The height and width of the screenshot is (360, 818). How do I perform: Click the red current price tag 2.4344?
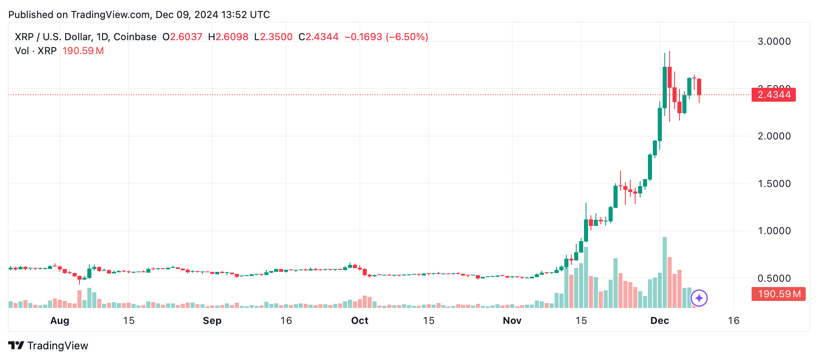click(773, 95)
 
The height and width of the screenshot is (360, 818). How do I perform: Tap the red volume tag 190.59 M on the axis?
click(778, 294)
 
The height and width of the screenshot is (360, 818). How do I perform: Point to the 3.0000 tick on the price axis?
click(774, 41)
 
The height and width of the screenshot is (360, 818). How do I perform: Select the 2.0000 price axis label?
click(774, 136)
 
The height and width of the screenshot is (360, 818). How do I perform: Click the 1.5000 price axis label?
click(774, 184)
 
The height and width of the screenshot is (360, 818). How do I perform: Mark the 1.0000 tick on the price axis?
click(774, 231)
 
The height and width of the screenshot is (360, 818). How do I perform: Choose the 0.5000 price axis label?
click(774, 278)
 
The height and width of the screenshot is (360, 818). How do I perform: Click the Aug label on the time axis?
click(59, 321)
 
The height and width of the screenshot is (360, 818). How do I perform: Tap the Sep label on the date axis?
click(212, 321)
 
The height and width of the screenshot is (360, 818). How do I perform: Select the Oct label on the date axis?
click(359, 321)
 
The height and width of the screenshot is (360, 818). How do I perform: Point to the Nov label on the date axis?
click(512, 321)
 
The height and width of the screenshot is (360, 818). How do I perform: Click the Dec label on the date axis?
click(659, 321)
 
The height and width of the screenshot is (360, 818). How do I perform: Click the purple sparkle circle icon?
click(699, 298)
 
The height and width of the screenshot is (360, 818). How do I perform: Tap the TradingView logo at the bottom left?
click(48, 346)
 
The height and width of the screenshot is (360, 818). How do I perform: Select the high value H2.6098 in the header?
click(228, 37)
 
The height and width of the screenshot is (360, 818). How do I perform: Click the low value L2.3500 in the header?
click(273, 37)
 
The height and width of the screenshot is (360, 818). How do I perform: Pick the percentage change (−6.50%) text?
click(407, 37)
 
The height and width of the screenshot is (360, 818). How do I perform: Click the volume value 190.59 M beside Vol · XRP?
click(83, 51)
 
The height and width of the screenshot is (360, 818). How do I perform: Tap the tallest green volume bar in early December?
click(664, 272)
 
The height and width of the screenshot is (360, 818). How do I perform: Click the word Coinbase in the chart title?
click(135, 37)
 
